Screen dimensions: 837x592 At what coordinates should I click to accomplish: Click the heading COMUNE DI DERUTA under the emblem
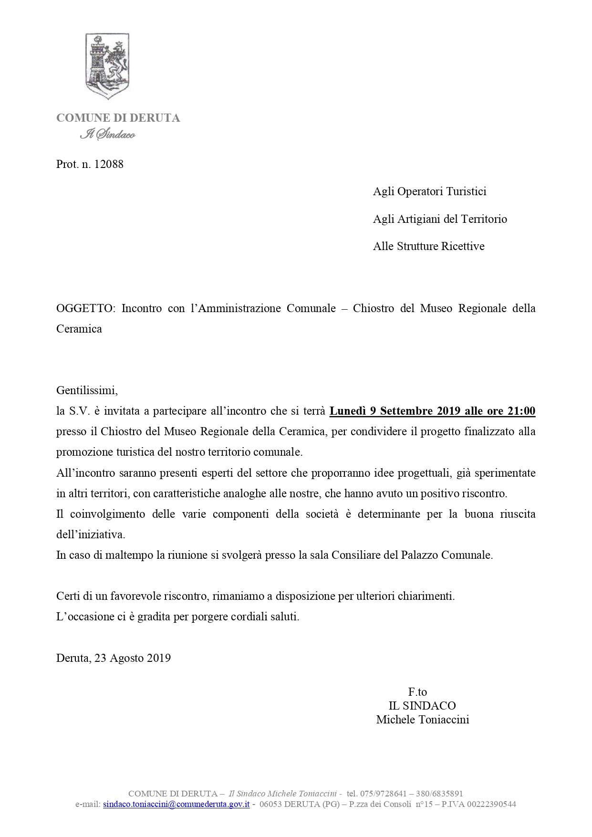(118, 118)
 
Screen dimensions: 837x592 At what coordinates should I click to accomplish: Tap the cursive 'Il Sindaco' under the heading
(107, 135)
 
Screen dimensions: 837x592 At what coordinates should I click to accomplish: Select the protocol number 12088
(109, 164)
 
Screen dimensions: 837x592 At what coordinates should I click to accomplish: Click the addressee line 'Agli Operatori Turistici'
(429, 191)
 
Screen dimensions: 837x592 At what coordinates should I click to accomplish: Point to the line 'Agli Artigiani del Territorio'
(440, 219)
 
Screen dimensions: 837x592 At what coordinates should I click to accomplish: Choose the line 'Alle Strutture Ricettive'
(428, 246)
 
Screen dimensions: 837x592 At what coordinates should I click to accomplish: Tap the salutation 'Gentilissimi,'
(87, 390)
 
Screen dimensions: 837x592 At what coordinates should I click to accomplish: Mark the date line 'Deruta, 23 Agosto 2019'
(114, 658)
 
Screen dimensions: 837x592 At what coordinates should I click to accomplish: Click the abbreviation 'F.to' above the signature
(417, 692)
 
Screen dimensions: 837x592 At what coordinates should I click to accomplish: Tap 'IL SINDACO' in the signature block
(422, 706)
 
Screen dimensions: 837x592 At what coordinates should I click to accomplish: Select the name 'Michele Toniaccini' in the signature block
(422, 720)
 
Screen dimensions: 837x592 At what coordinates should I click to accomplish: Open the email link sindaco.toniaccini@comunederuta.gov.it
(177, 804)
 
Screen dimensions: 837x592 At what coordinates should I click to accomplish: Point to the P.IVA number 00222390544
(492, 804)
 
